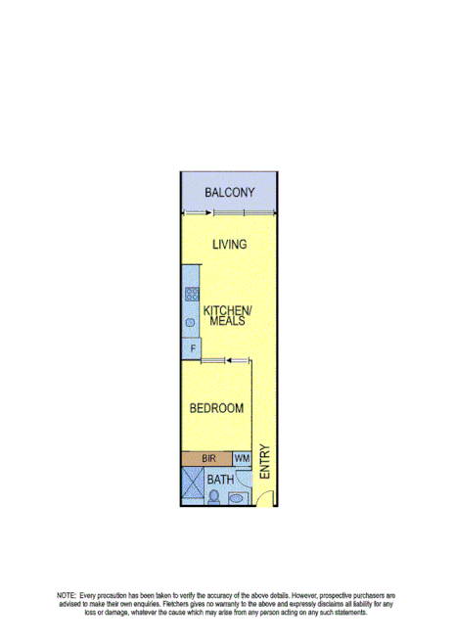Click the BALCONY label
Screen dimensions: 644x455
click(229, 193)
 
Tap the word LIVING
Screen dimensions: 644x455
click(229, 245)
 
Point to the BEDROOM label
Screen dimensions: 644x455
click(216, 408)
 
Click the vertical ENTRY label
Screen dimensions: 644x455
click(264, 462)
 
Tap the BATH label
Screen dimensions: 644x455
click(221, 480)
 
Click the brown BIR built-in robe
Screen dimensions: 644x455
click(206, 458)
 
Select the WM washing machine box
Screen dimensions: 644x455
click(242, 458)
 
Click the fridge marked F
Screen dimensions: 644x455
click(192, 348)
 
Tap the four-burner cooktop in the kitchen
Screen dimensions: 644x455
click(192, 292)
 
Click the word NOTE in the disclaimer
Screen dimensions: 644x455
click(67, 595)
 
